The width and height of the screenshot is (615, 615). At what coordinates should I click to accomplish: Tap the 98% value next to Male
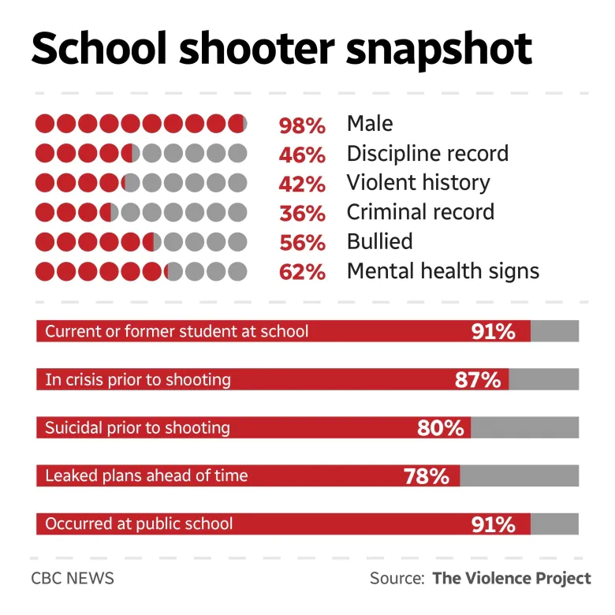[x=302, y=125]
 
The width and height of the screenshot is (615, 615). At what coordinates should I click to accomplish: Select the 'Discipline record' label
[x=427, y=153]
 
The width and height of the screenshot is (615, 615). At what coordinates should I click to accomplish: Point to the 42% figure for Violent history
[x=302, y=184]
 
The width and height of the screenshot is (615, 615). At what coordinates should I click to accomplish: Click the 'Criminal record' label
[x=420, y=212]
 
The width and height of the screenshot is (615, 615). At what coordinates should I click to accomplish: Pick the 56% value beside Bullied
[x=302, y=242]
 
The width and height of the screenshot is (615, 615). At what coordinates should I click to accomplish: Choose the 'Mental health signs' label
[x=443, y=271]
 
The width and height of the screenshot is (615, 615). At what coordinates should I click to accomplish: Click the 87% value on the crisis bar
[x=478, y=379]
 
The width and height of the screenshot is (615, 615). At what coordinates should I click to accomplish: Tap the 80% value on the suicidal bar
[x=440, y=428]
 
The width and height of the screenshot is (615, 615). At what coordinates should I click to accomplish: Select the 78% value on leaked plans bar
[x=426, y=476]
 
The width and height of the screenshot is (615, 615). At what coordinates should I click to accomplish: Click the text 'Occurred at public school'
[x=139, y=524]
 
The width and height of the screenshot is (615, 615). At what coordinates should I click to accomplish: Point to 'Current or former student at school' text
[x=177, y=331]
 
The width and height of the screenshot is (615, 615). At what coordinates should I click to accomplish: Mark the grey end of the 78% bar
[x=520, y=476]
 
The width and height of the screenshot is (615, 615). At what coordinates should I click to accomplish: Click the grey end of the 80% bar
[x=525, y=428]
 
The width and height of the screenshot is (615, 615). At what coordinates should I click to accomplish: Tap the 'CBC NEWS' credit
[x=73, y=578]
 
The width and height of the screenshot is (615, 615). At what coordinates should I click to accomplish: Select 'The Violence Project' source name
[x=511, y=578]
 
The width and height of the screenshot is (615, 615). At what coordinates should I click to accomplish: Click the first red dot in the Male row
[x=45, y=125]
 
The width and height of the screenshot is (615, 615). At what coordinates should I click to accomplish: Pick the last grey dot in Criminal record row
[x=237, y=212]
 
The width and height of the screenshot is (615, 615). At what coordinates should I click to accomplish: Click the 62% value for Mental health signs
[x=302, y=272]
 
